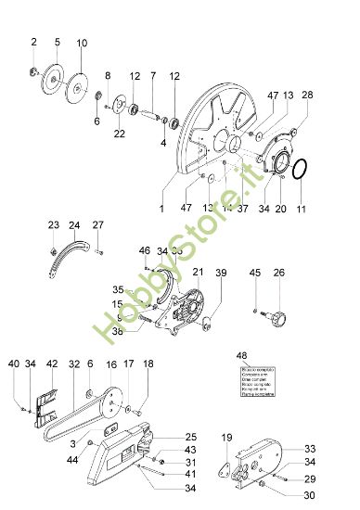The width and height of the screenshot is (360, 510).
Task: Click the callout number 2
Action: pos(34,42)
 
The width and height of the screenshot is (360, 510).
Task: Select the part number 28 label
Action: pos(308,96)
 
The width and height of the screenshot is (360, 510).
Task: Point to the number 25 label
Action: pos(191,437)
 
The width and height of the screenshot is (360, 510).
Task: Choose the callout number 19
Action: pos(226,437)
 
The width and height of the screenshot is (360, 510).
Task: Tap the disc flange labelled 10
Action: pos(81,77)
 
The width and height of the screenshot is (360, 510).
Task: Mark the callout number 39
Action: pos(221,273)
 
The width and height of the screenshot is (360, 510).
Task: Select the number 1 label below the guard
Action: pos(161,210)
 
